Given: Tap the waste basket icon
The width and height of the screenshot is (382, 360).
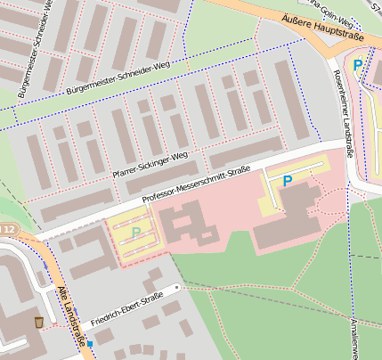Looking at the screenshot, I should point(38,322).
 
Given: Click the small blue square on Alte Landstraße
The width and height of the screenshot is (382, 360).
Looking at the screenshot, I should point(90,343).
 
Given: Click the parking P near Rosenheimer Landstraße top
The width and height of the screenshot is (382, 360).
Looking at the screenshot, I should point(357,65).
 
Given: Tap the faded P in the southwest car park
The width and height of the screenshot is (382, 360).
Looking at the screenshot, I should point(135,233).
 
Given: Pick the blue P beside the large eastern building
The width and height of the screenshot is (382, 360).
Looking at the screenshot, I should point(287,181).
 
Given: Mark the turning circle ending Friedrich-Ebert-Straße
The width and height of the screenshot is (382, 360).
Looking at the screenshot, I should point(177,288).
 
